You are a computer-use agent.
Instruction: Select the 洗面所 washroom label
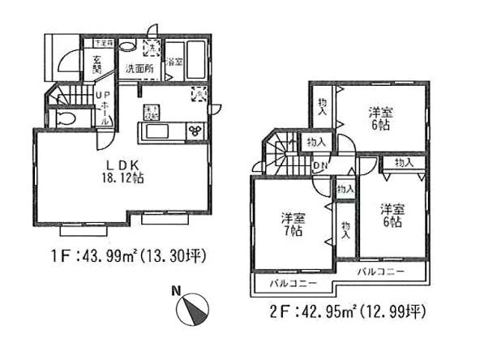pos(139,69)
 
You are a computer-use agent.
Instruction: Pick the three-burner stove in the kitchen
pos(195,131)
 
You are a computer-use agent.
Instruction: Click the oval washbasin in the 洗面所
pos(127,47)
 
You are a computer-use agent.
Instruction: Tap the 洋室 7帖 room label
pos(293,223)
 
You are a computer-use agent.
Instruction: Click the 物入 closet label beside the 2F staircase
pos(316,143)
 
